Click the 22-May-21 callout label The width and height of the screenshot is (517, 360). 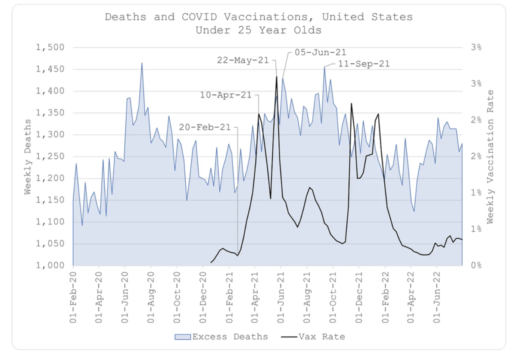[243, 60]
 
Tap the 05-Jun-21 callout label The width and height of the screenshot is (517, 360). [321, 53]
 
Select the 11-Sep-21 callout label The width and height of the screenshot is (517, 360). [364, 64]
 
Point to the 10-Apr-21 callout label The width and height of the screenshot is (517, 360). [226, 95]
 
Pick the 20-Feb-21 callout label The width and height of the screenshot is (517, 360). [205, 128]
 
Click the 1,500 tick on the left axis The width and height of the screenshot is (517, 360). [50, 47]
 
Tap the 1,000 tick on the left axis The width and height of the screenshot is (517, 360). [50, 266]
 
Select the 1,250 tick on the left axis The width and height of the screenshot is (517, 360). [50, 157]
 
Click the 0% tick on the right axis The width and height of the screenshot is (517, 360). [477, 266]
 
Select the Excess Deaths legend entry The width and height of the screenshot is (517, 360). [221, 337]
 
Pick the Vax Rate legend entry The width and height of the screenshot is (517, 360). [313, 337]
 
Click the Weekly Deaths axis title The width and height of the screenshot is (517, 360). [28, 157]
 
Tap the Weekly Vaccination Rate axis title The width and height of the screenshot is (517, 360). [490, 157]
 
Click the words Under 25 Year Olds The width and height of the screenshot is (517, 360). [258, 31]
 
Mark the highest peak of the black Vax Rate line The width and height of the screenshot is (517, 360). [277, 77]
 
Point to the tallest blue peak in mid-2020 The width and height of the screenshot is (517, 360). [142, 63]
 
